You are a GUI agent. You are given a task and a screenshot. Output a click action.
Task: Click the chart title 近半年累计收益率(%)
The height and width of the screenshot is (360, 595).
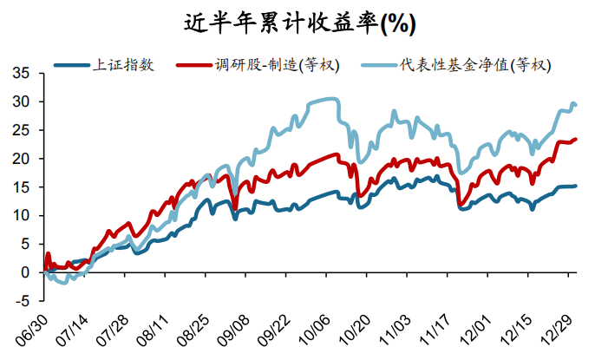297,23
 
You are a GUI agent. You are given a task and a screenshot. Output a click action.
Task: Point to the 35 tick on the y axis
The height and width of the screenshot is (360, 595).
21,74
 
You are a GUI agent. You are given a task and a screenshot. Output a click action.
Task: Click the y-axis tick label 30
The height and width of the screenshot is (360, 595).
21,101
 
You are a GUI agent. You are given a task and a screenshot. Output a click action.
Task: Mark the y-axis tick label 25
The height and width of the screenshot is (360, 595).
21,130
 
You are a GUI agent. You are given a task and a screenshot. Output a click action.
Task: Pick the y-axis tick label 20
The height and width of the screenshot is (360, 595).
21,159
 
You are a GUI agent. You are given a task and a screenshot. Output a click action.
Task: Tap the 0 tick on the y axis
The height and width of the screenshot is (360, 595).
25,272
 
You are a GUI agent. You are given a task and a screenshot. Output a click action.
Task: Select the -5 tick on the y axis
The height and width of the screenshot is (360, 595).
23,301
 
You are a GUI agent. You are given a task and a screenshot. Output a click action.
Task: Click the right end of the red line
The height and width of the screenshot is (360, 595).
577,139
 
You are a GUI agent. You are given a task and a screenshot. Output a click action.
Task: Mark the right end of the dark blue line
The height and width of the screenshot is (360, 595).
577,186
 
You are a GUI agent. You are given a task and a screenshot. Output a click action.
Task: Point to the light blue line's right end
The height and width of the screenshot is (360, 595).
577,105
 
